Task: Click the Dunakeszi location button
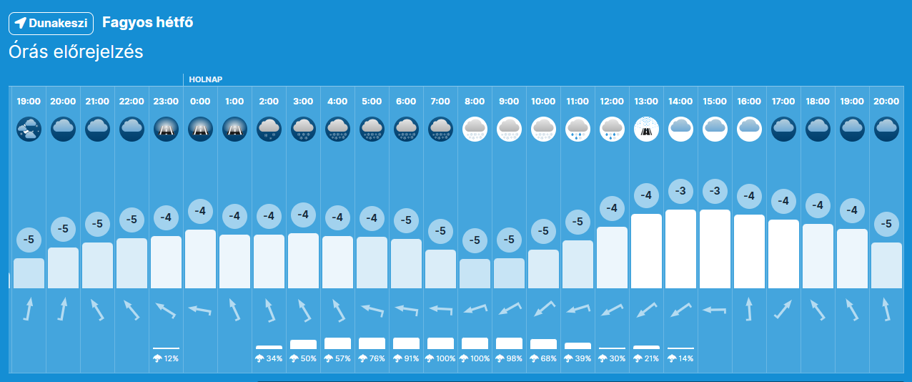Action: (51, 23)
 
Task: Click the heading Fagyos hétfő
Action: (148, 22)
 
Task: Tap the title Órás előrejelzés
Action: (76, 52)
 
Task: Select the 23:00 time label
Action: (166, 102)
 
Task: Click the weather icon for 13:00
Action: (646, 129)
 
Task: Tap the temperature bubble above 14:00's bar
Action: (680, 191)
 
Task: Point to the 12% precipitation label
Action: (166, 358)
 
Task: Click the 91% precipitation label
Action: (406, 358)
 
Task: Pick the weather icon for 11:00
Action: (578, 129)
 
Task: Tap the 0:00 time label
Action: (200, 102)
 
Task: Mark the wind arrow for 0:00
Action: (200, 310)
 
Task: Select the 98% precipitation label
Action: (509, 358)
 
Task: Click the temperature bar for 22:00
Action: (132, 263)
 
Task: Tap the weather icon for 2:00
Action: (269, 129)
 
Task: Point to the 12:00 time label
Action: (612, 102)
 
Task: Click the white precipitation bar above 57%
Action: (337, 343)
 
